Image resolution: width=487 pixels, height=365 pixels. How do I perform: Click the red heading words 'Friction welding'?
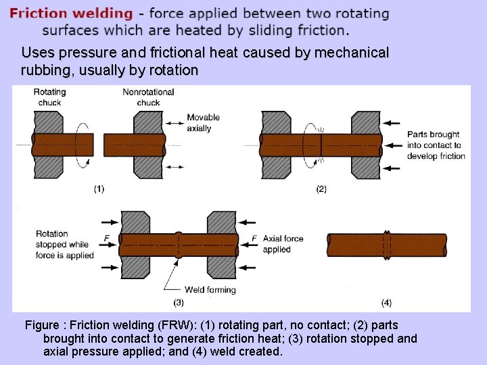[x=71, y=13]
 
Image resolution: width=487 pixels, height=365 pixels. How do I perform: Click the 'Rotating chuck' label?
[x=49, y=97]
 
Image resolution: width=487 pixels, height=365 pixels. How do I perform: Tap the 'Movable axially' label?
[x=204, y=122]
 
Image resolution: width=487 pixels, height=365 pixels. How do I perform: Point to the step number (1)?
[x=99, y=189]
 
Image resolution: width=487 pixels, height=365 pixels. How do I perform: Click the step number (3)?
[x=179, y=302]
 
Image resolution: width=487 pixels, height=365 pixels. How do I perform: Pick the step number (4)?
[x=386, y=302]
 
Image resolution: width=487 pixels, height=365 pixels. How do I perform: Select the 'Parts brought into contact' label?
[x=436, y=145]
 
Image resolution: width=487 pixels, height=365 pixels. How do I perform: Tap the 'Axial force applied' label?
[x=282, y=244]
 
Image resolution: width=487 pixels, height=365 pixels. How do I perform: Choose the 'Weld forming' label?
[x=210, y=290]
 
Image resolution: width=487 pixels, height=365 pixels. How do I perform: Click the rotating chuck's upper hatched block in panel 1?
[x=47, y=122]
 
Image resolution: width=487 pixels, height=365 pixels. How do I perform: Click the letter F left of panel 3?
[x=106, y=238]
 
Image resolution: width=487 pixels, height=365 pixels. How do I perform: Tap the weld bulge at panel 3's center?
[x=178, y=244]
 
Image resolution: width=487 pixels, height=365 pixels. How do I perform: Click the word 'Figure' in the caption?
[x=43, y=325]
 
